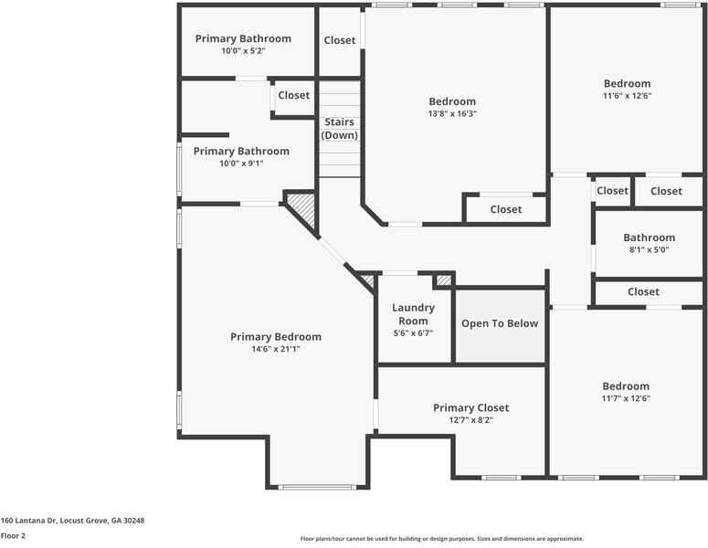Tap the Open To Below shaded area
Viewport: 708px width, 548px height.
tap(500, 324)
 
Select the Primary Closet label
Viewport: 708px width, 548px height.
tap(470, 407)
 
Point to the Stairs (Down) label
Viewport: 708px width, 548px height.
tap(339, 129)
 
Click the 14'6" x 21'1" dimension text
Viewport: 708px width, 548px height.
tap(276, 349)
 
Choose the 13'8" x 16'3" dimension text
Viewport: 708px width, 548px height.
tap(452, 114)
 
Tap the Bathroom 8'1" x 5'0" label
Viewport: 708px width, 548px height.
tap(649, 237)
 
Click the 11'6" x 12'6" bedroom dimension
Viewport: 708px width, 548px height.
tap(627, 96)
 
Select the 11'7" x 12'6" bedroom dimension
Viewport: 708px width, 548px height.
tap(626, 399)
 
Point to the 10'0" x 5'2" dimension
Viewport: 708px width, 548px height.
tap(243, 51)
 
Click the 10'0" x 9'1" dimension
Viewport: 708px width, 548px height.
tap(241, 163)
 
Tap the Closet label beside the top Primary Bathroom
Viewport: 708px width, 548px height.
tap(340, 40)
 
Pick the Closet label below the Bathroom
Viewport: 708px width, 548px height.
tap(643, 292)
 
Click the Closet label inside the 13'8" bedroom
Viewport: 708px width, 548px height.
tap(505, 210)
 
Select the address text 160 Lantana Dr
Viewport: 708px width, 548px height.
tap(72, 520)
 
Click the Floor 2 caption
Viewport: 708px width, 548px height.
tap(13, 536)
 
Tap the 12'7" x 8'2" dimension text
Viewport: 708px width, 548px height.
tap(470, 420)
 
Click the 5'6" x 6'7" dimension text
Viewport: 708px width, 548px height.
tap(413, 333)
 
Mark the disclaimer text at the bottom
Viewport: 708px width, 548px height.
tap(441, 539)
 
